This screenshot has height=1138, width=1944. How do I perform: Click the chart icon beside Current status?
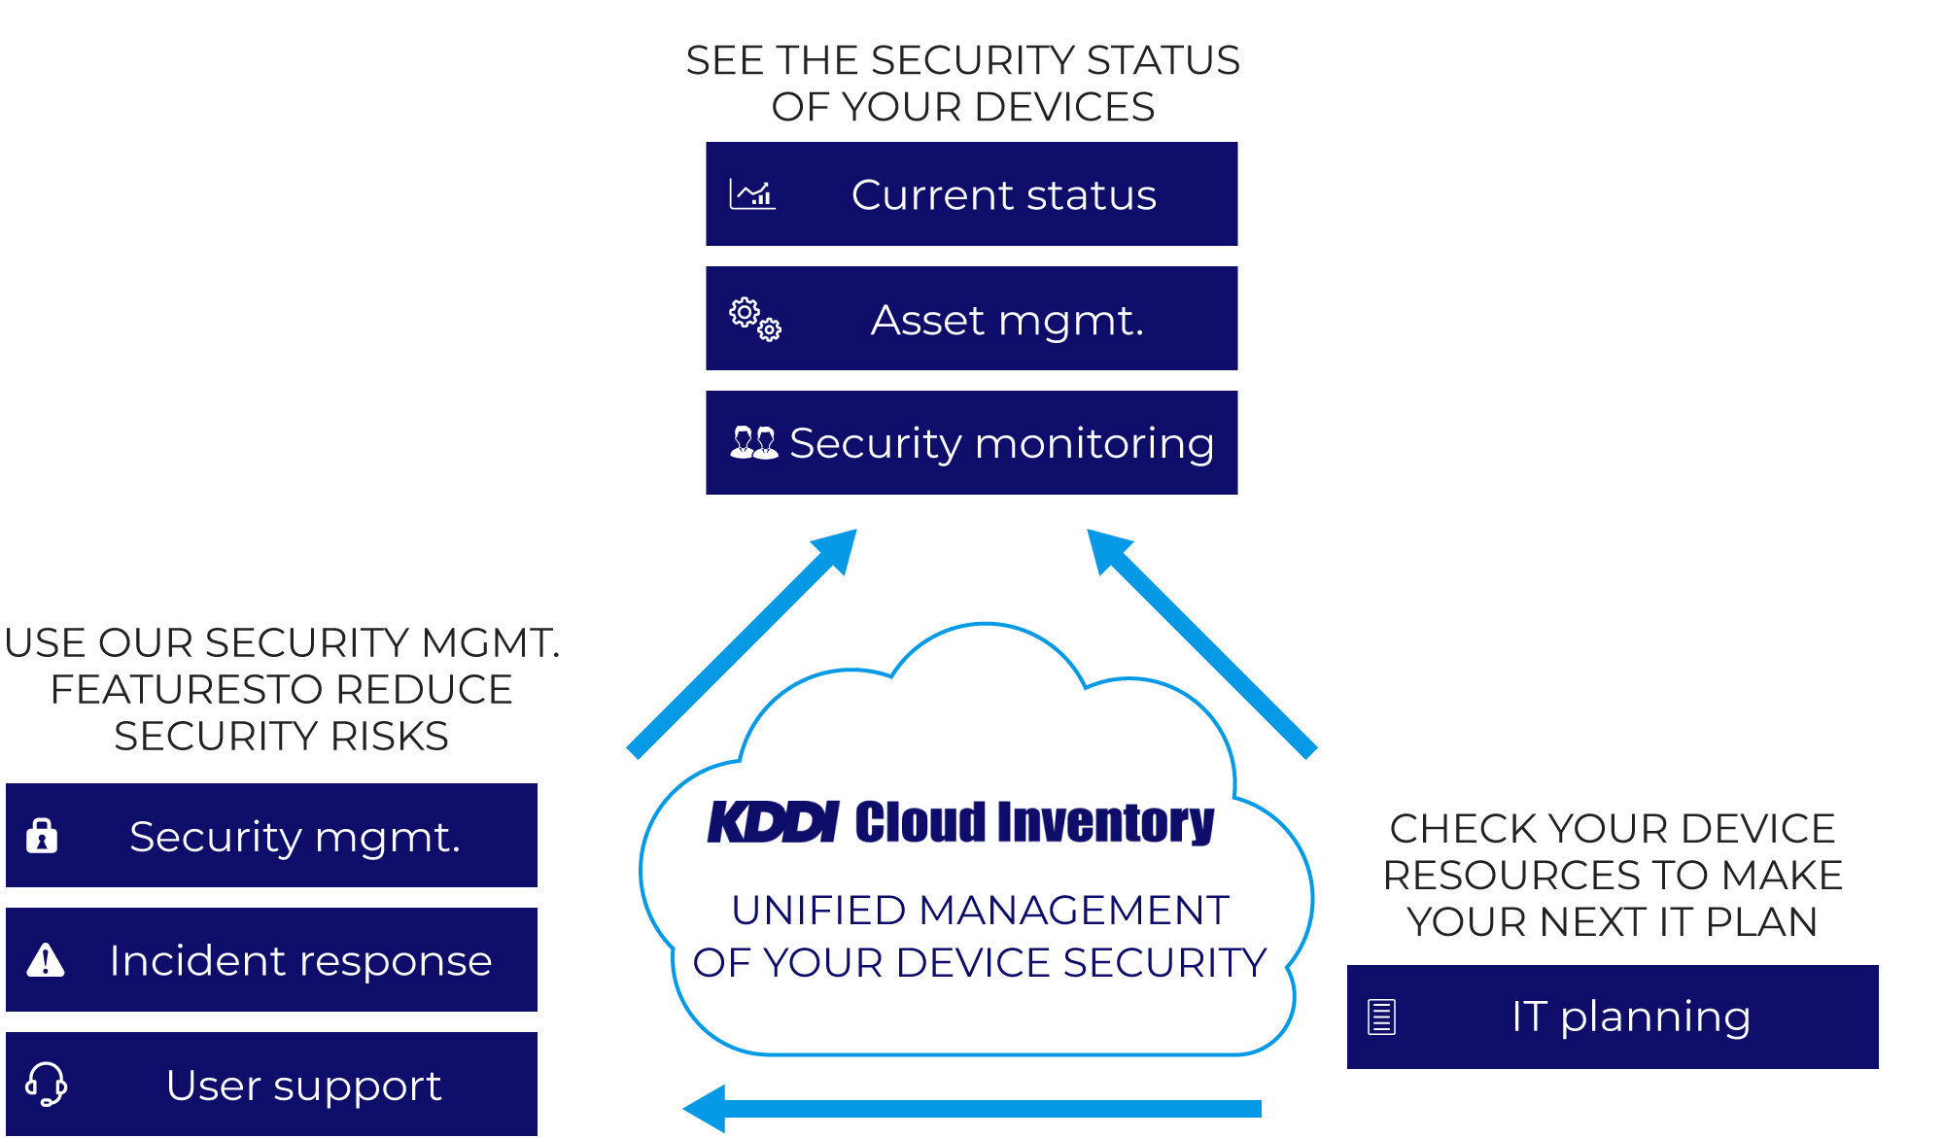click(x=752, y=194)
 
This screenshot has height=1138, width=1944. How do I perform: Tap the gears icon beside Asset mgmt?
click(x=755, y=319)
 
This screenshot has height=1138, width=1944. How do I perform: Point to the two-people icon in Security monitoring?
click(x=753, y=443)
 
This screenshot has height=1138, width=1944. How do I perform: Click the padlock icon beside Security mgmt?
click(x=42, y=836)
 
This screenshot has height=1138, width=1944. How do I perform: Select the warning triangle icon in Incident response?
click(x=45, y=960)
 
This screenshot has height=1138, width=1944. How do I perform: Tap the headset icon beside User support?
click(x=46, y=1084)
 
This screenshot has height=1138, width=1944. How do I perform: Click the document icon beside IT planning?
click(x=1381, y=1017)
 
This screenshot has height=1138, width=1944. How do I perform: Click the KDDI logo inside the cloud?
click(x=773, y=822)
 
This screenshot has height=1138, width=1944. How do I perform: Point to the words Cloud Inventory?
click(x=1034, y=822)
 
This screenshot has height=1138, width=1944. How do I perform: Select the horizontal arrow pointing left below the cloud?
click(x=972, y=1109)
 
